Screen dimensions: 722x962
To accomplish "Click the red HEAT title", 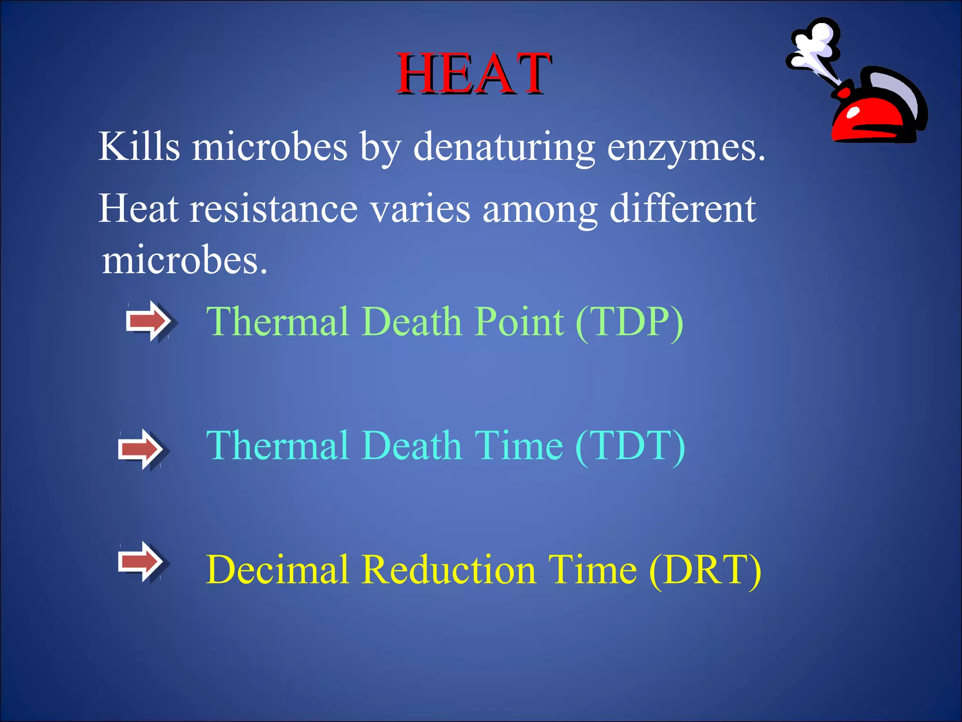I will (x=473, y=74).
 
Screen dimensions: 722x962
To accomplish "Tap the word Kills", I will (x=139, y=147).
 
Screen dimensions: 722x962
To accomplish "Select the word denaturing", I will (x=504, y=148).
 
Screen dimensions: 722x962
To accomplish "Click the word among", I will (x=540, y=210).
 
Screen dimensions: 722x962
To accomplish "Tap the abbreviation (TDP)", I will (x=629, y=322).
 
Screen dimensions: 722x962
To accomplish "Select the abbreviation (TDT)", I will (x=630, y=446).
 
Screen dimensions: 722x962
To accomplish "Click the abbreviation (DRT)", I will (x=705, y=570).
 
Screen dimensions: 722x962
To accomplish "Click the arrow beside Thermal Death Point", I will (x=149, y=321).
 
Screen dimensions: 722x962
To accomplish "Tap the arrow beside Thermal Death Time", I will (x=141, y=449).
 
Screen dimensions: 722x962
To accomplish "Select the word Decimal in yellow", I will (x=278, y=570).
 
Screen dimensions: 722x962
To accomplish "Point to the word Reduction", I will (x=449, y=570).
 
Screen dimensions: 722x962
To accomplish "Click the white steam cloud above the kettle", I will (x=815, y=45).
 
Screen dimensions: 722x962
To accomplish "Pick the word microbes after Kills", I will (x=270, y=147).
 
